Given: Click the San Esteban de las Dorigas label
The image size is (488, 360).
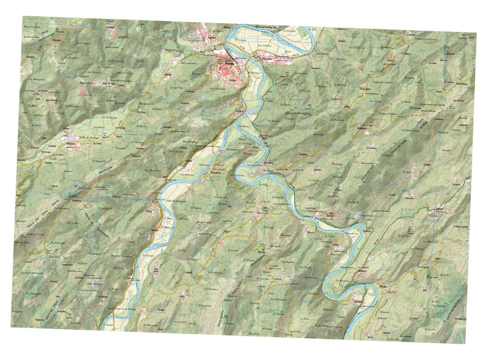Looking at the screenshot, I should pos(122,310).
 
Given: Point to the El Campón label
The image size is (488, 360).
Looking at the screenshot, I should pos(241,40).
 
